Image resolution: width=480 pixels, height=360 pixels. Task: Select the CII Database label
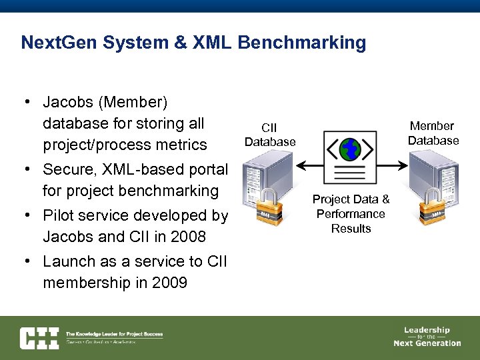(269, 135)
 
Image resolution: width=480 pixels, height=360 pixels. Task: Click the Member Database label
(433, 133)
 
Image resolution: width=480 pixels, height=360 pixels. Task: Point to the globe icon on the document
(349, 150)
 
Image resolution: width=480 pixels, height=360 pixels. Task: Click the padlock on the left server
(269, 207)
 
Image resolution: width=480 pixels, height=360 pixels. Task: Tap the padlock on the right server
(431, 207)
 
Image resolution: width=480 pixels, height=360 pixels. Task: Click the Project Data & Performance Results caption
(351, 213)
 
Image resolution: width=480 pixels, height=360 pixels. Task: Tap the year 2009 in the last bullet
(169, 283)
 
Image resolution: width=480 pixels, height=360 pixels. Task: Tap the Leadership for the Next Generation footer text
(427, 337)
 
